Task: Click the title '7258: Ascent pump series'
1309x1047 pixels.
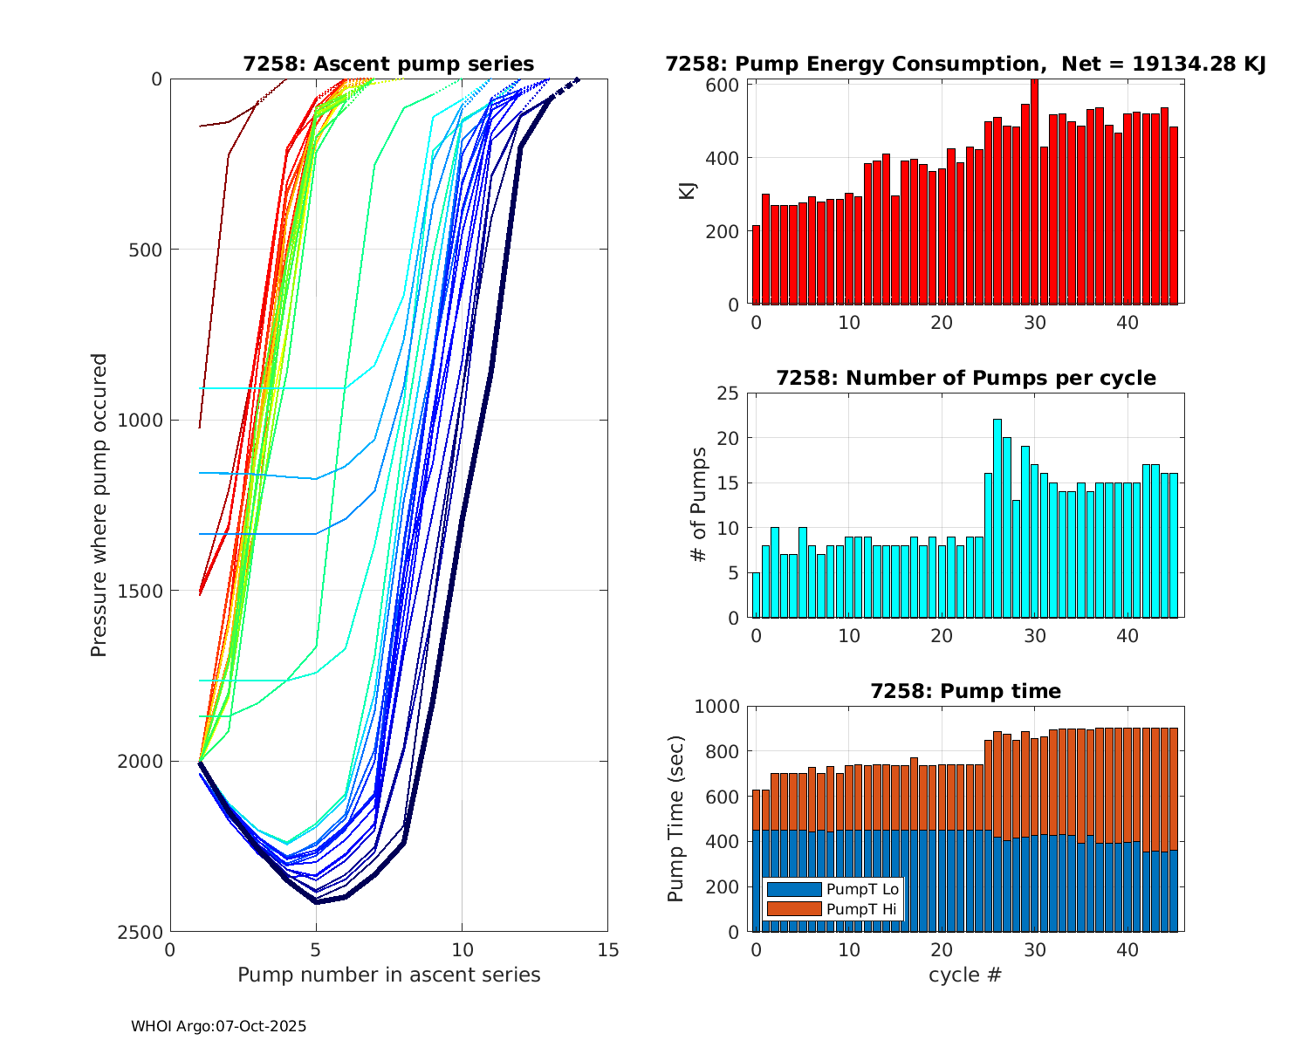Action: [x=388, y=64]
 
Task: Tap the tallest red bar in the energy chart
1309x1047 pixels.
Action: [x=1034, y=192]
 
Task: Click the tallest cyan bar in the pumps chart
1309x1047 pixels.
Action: [x=997, y=518]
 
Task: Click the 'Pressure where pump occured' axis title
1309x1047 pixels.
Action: [x=99, y=505]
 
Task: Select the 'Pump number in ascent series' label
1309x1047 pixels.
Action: [x=388, y=975]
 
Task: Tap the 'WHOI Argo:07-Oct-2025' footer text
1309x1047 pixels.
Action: [x=218, y=1027]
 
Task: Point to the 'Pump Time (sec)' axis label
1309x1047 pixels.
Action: [x=676, y=818]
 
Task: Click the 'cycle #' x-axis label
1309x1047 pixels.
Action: [x=964, y=975]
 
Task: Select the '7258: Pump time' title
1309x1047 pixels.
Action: [x=965, y=691]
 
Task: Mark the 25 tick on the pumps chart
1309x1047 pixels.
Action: [x=728, y=393]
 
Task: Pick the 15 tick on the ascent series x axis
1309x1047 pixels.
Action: [x=608, y=950]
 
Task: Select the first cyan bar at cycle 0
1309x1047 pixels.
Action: [x=757, y=595]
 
